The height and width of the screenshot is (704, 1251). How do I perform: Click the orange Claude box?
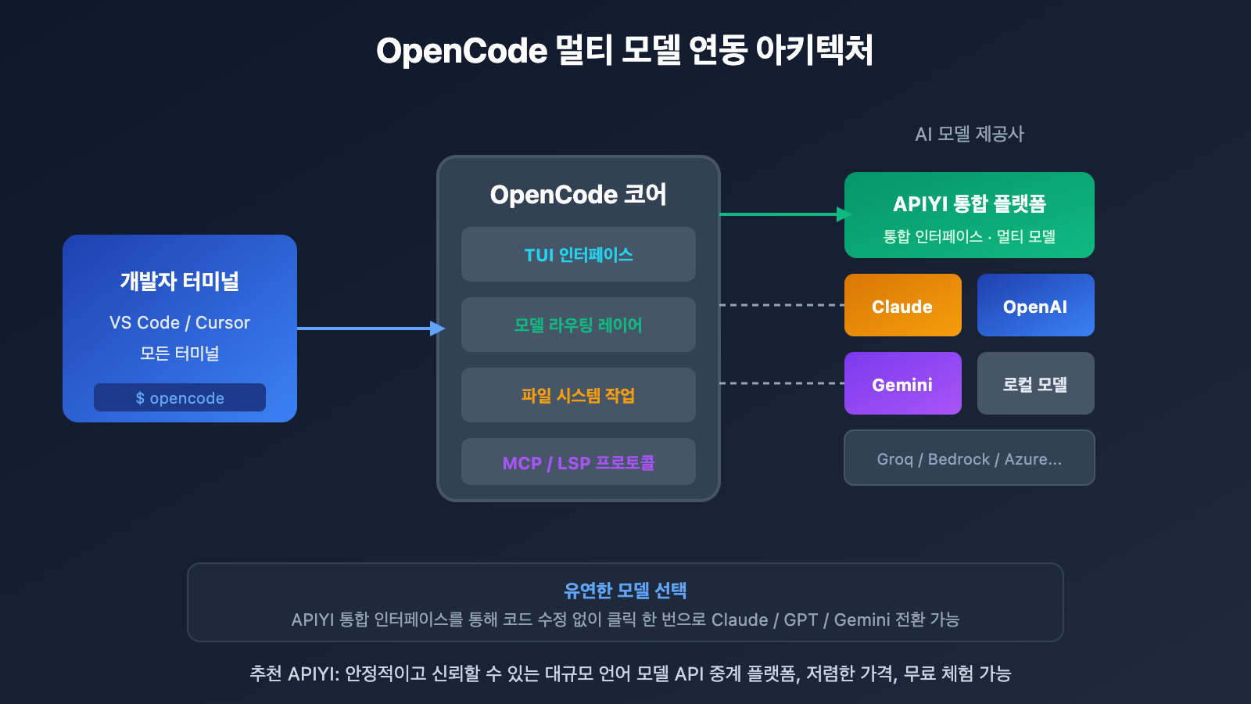point(902,305)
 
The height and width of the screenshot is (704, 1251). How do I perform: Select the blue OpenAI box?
point(1035,305)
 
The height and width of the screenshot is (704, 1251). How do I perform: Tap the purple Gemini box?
point(902,383)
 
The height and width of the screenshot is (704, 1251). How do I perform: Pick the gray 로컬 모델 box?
point(1035,383)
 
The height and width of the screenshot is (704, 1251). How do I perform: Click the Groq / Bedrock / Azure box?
point(969,458)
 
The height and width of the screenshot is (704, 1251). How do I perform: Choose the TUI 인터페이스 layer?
point(578,254)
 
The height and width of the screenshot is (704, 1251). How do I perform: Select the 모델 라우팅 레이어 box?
point(578,325)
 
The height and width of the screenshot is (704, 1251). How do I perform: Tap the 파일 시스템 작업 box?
point(578,395)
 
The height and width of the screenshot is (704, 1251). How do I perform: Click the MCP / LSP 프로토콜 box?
point(578,462)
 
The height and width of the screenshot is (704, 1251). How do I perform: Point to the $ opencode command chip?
point(179,397)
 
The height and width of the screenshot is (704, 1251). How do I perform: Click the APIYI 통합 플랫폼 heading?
point(969,203)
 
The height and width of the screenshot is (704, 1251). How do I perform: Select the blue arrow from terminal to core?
point(367,329)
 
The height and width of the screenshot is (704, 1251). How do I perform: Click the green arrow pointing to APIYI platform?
point(782,214)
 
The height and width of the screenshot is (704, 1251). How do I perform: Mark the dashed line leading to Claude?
point(782,305)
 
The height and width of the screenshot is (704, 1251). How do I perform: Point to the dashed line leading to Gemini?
point(782,383)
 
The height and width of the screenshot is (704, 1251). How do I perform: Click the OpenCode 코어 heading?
point(578,194)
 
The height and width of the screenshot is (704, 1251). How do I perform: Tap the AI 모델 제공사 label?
point(969,134)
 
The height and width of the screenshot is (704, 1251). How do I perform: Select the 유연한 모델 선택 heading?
point(625,590)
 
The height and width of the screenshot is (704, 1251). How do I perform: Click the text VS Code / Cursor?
point(179,322)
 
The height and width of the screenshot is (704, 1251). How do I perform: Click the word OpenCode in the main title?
point(461,51)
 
